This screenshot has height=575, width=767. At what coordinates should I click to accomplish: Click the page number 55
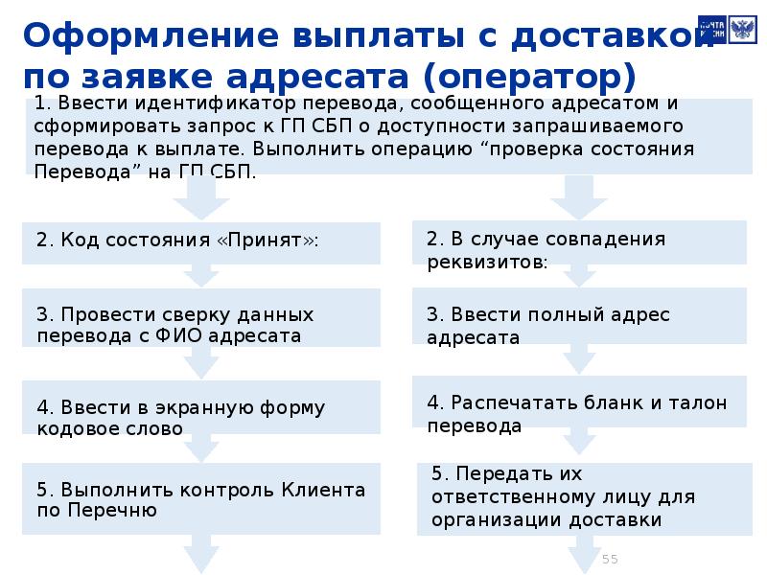tap(610, 559)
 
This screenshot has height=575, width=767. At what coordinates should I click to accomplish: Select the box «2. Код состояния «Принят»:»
tap(201, 241)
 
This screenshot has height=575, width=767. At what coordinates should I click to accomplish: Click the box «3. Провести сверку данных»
tap(201, 325)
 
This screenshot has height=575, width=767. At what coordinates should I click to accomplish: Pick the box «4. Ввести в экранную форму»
tap(201, 418)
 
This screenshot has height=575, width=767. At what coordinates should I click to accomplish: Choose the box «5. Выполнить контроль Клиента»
tap(201, 499)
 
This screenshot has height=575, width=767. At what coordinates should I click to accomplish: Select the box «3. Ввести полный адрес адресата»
tap(581, 326)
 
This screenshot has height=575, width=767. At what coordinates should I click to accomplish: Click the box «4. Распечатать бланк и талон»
tap(581, 414)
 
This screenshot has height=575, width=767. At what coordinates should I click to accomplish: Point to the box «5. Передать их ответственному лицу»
tap(581, 497)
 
